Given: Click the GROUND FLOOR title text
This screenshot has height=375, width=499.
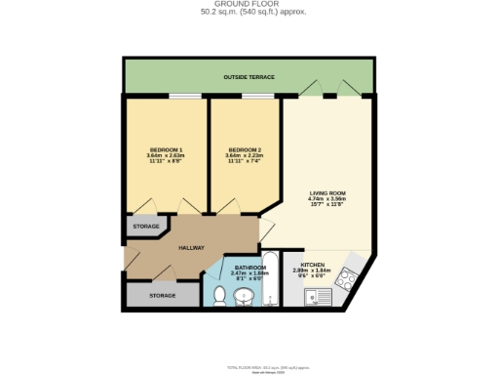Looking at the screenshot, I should [x=249, y=5].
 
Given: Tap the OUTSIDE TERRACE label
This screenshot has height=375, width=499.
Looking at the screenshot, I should [x=249, y=76].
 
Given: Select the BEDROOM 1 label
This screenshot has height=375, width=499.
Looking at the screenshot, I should [x=166, y=149].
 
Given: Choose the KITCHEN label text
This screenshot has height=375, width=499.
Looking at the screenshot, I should [x=313, y=265].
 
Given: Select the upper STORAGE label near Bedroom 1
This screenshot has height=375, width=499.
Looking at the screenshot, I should [x=146, y=226].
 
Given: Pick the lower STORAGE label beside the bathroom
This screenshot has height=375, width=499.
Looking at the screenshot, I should [x=163, y=294].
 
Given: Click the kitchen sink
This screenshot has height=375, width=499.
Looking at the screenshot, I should [x=314, y=296].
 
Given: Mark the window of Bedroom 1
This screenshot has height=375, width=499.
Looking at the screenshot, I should [x=182, y=97].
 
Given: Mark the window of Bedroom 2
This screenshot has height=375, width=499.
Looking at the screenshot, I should [x=257, y=97].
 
